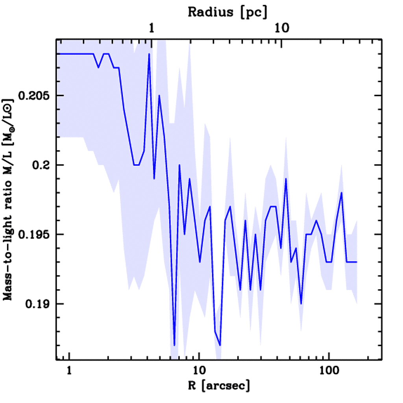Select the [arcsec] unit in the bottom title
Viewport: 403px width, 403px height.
pos(226,386)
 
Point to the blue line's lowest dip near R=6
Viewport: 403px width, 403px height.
pos(174,345)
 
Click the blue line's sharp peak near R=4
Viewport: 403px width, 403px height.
pos(149,54)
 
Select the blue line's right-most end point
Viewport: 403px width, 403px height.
pos(357,262)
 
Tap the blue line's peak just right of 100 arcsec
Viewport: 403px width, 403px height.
pos(342,192)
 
